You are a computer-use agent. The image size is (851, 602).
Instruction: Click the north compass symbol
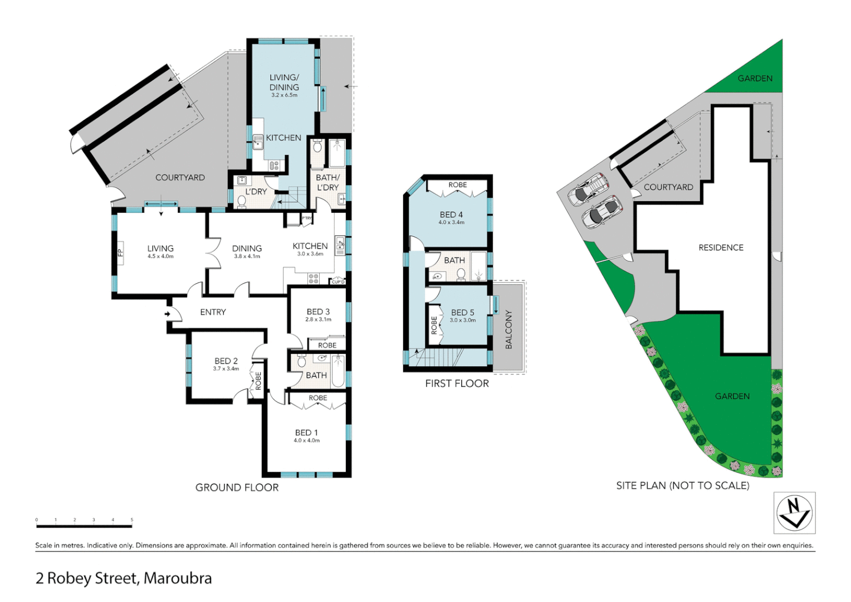794,513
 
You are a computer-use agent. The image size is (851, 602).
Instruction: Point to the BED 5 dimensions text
463,321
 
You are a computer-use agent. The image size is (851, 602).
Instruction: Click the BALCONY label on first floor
508,329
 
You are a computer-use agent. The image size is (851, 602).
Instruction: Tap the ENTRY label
213,312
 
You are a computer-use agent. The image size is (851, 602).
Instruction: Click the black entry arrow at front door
167,314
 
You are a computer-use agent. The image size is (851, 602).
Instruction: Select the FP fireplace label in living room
120,253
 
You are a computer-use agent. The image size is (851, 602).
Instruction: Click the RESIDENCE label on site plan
721,247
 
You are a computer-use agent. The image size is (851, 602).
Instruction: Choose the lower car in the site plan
601,211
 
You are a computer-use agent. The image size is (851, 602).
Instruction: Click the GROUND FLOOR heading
237,488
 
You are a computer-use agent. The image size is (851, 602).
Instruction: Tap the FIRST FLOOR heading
457,383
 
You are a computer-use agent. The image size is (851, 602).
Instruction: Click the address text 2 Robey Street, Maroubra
124,579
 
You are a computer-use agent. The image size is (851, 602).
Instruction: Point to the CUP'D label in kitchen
338,282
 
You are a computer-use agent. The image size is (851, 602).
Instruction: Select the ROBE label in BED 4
458,185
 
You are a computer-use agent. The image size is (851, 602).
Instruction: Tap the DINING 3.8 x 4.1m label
247,251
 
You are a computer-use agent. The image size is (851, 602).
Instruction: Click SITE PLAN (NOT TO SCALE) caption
682,486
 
